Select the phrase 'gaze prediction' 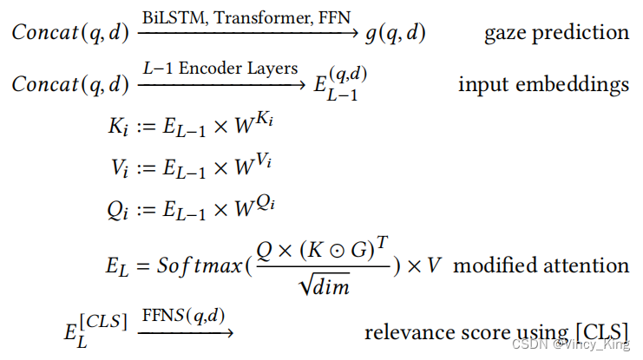click(x=557, y=34)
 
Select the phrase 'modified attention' click(x=541, y=265)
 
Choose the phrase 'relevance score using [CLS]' click(x=496, y=331)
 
